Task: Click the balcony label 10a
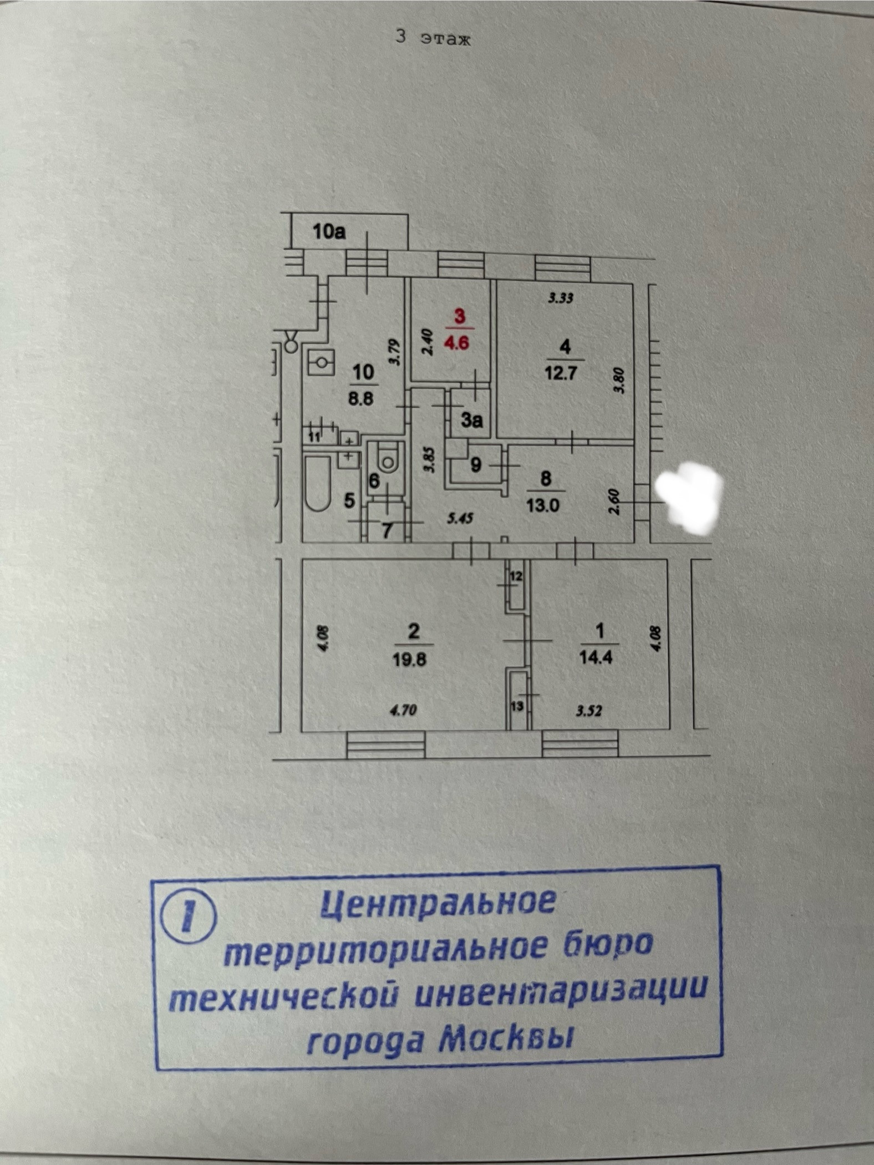click(329, 231)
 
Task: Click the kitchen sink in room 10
click(321, 363)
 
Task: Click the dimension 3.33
click(560, 298)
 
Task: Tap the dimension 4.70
click(403, 710)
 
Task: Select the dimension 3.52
click(588, 710)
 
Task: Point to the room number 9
click(476, 465)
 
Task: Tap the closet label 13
click(517, 706)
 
